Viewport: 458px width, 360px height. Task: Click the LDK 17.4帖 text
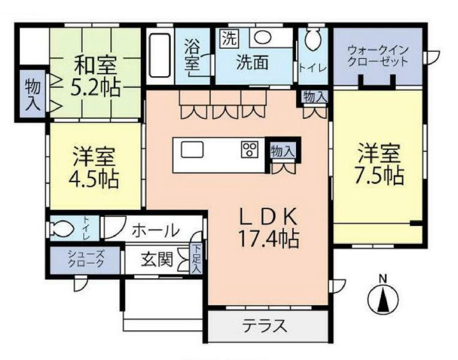click(269, 228)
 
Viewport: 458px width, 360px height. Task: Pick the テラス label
click(265, 326)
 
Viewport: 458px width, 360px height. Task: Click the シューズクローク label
click(86, 259)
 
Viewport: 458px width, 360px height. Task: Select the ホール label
click(156, 230)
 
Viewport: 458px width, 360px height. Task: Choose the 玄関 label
click(157, 260)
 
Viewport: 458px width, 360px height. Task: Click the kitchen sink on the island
click(193, 150)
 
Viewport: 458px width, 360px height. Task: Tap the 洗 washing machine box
click(228, 39)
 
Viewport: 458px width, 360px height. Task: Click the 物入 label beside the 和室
click(33, 94)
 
